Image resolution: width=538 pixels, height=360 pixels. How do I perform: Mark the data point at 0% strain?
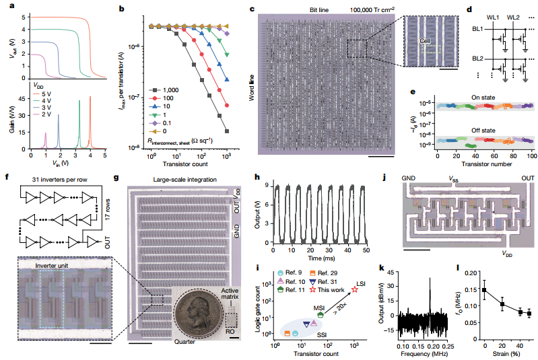pos(485,289)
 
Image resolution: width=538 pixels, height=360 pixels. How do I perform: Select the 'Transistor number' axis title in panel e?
pos(484,164)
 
